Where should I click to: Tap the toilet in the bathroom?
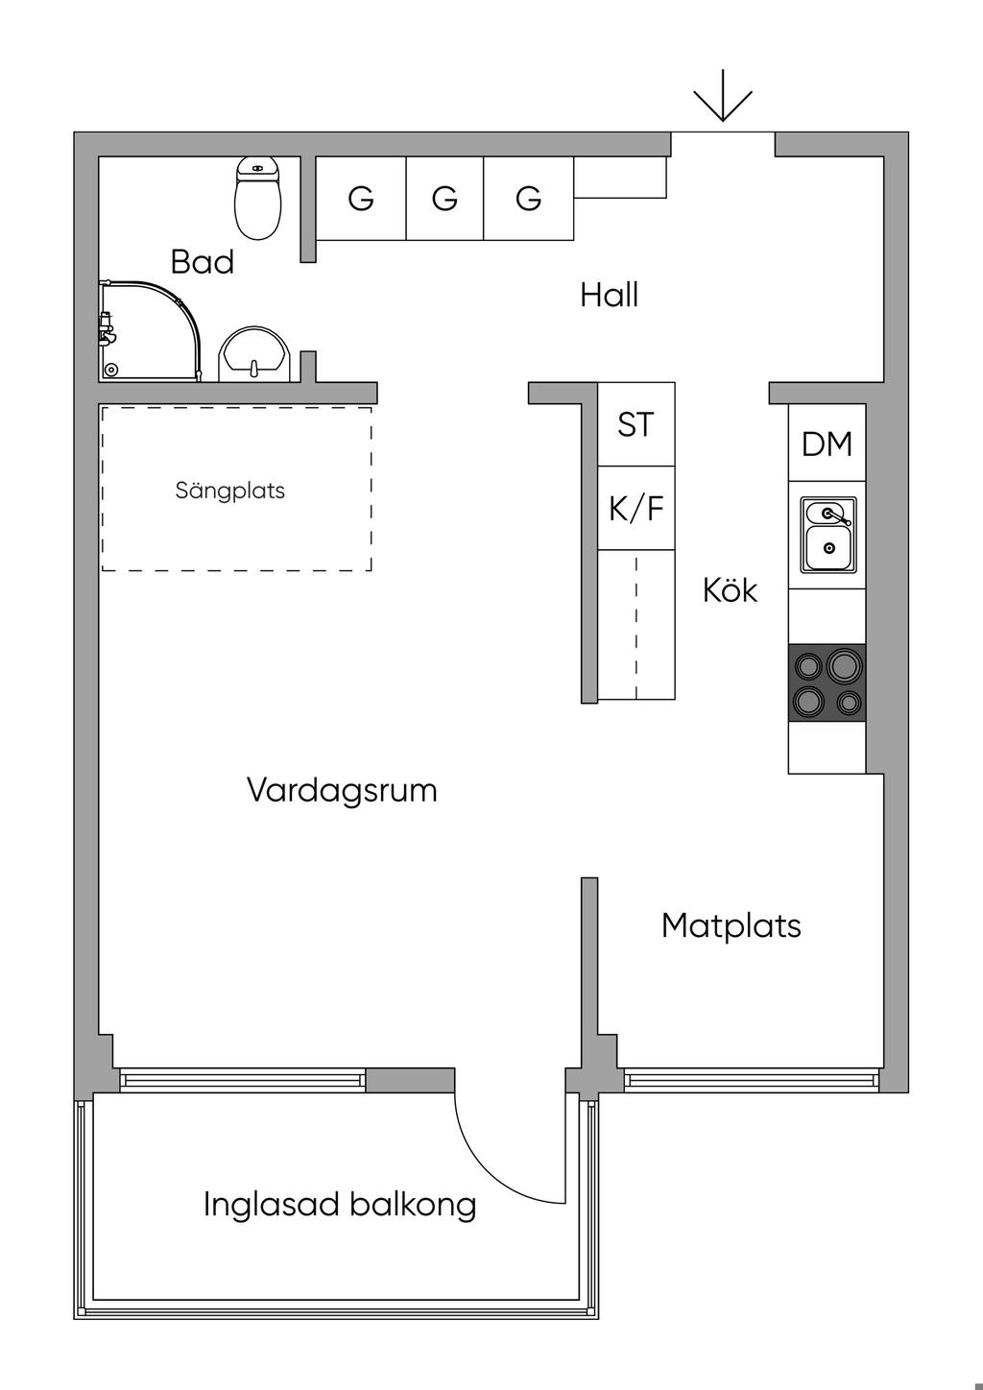coord(258,200)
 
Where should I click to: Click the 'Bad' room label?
coord(203,262)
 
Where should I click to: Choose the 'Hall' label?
coord(609,295)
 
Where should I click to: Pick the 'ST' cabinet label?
coord(635,424)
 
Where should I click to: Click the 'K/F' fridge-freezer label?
coord(635,508)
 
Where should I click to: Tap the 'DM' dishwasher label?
coord(827,443)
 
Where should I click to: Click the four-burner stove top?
coord(827,683)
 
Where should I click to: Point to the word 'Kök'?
coord(730,589)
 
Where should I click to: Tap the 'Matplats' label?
coord(731,925)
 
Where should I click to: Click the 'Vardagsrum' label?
coord(342,790)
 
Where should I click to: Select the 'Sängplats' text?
coord(230,491)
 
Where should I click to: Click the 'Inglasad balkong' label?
coord(340,1204)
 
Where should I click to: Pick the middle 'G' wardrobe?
coord(444,199)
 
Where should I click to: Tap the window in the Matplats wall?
coord(752,1081)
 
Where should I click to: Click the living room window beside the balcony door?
coord(242,1081)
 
